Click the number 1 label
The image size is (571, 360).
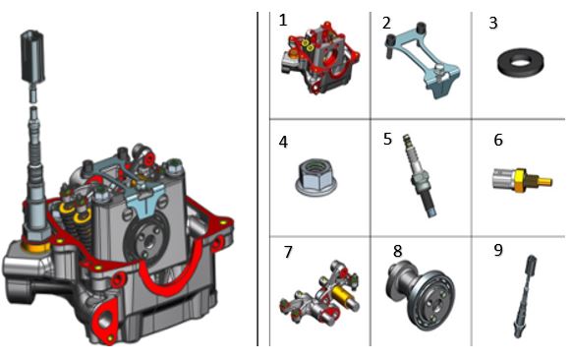tap(283, 20)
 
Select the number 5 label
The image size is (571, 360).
tap(387, 139)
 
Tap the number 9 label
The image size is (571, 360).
tap(498, 250)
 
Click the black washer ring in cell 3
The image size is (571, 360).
tap(521, 62)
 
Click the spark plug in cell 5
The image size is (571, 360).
tap(420, 177)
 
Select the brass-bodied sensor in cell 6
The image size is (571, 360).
tap(522, 179)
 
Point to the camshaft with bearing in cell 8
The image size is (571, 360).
tap(420, 295)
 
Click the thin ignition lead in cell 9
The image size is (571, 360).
tap(526, 296)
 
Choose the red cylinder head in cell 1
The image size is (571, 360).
tap(319, 58)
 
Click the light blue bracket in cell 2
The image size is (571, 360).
tap(424, 60)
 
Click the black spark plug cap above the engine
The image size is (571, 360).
tap(32, 56)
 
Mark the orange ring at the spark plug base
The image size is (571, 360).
tap(36, 246)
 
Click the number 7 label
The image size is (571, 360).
tap(288, 252)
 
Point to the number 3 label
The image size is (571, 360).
tap(493, 23)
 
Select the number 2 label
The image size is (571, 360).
tap(387, 23)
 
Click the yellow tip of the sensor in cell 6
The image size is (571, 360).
tap(545, 181)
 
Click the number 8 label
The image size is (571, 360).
tap(398, 251)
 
